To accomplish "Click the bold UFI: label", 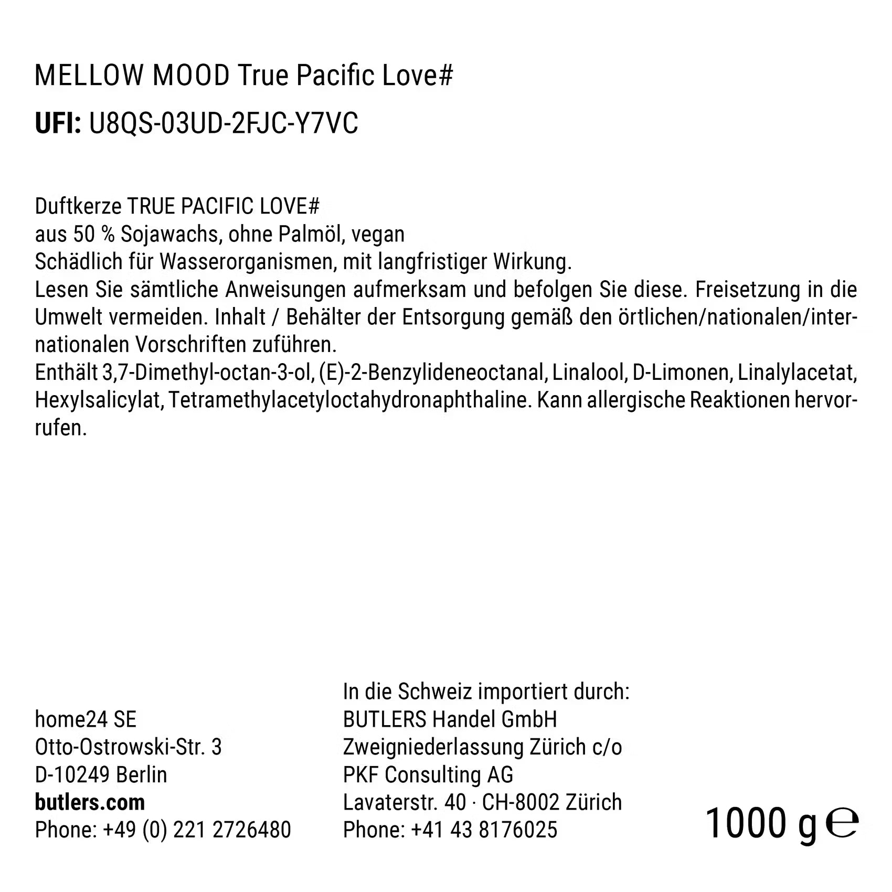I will point(58,124).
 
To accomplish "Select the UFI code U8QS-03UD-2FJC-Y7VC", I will point(224,124).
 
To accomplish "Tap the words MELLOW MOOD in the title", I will point(132,76).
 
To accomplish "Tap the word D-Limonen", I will point(681,373).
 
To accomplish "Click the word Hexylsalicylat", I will point(98,400).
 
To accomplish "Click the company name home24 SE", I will point(86,719).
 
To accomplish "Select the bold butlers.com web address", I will point(90,802).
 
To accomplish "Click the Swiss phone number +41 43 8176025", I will point(484,830).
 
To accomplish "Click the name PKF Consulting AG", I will point(428,774).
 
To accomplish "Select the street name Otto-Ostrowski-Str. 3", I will point(128,747).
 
